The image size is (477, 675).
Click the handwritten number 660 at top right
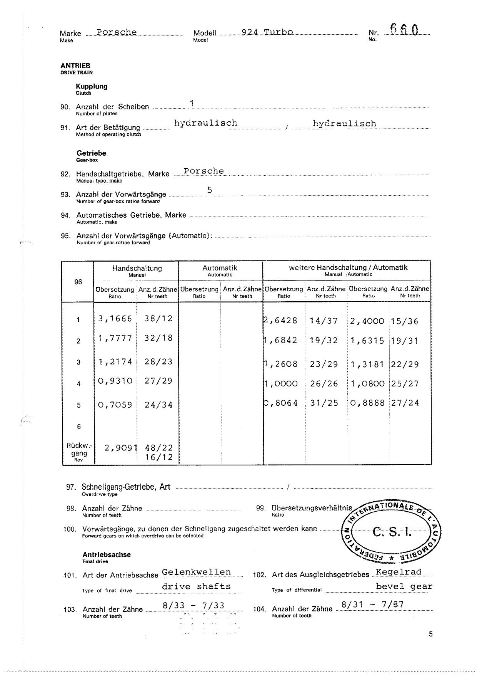404,30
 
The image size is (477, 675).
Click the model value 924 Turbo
267,32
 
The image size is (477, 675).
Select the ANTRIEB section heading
75,66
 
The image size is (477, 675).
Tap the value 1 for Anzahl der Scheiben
192,103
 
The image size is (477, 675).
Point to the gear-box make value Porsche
203,171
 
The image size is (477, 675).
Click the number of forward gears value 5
210,190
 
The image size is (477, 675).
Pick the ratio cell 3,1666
115,319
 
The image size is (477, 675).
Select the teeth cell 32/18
158,338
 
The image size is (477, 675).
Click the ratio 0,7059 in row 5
115,405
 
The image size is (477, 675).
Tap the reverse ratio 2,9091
120,448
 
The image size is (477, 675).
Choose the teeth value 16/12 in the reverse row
159,457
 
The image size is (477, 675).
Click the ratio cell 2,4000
367,321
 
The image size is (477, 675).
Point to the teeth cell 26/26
324,383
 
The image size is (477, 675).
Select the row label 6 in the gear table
79,426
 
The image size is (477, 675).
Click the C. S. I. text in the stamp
392,533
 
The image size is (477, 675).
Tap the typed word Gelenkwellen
196,572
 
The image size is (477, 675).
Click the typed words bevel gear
404,586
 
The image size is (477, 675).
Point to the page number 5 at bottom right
430,634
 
